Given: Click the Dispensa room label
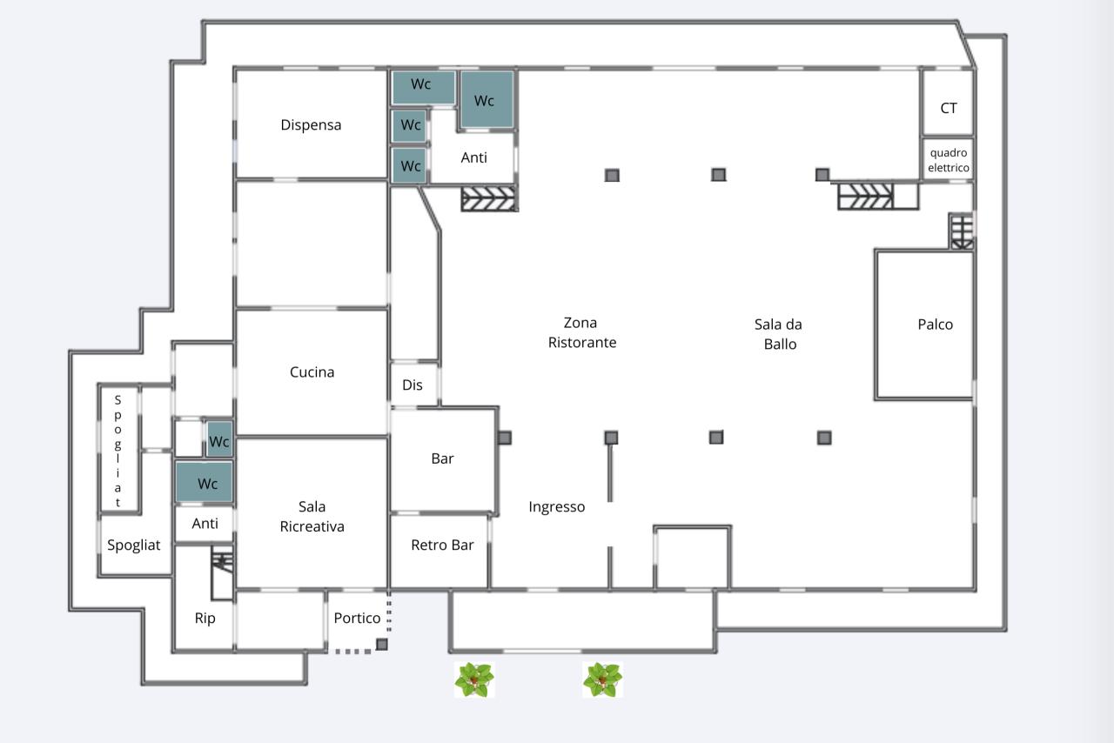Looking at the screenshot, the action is click(311, 124).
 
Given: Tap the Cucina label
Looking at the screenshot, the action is click(312, 372).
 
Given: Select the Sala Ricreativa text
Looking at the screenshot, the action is click(312, 516).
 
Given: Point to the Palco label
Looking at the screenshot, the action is click(935, 325).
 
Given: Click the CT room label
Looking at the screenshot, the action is click(949, 108).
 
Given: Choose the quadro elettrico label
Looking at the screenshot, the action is click(949, 160).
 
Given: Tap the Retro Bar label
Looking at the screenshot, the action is click(442, 545).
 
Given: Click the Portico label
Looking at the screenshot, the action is click(357, 619).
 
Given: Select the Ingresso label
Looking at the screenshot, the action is click(556, 507).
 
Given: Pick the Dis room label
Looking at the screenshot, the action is click(413, 385).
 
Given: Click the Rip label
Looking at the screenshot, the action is click(205, 619).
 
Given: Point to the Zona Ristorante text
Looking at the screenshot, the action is click(582, 332).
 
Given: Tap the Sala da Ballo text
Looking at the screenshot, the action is click(779, 334).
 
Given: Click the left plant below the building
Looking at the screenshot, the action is click(474, 679).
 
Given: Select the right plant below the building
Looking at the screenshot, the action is click(603, 679).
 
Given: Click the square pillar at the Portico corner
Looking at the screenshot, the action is click(381, 645).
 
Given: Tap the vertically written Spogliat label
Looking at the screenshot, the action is click(117, 451).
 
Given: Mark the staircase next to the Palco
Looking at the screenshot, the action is click(962, 231).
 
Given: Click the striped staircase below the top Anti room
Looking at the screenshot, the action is click(489, 198).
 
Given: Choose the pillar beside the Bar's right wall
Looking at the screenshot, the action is click(505, 438).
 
